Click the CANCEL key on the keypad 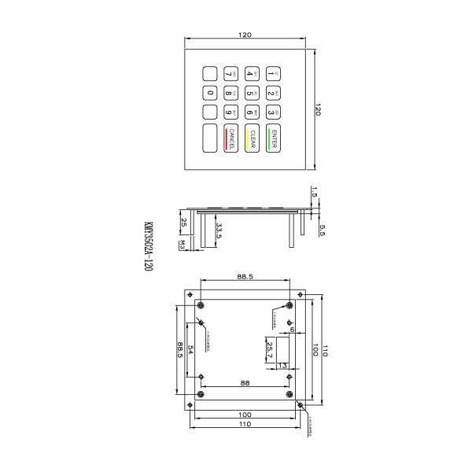click(x=232, y=138)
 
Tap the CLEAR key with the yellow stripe click(x=253, y=138)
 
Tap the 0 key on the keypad click(x=211, y=94)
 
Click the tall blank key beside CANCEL click(x=211, y=138)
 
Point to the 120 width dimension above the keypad click(x=245, y=35)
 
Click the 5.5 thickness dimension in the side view click(x=322, y=230)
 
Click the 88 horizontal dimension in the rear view click(x=245, y=383)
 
